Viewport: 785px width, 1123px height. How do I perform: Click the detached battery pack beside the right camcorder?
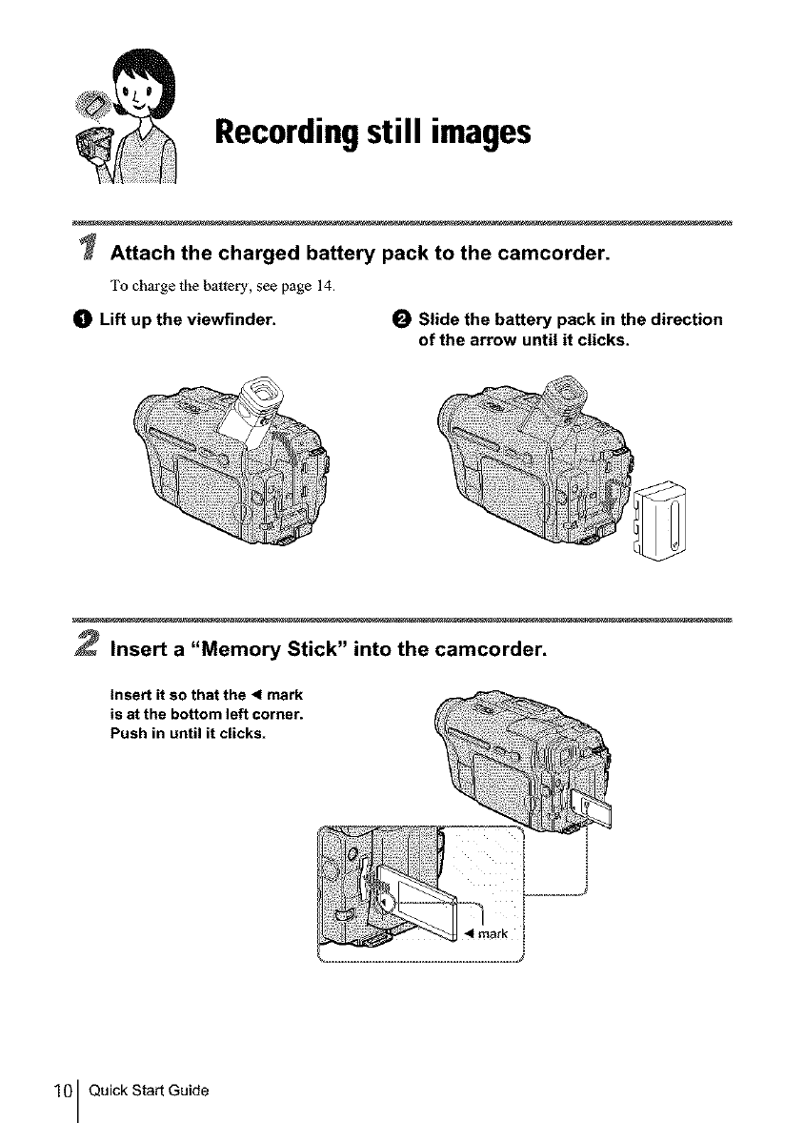click(656, 520)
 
